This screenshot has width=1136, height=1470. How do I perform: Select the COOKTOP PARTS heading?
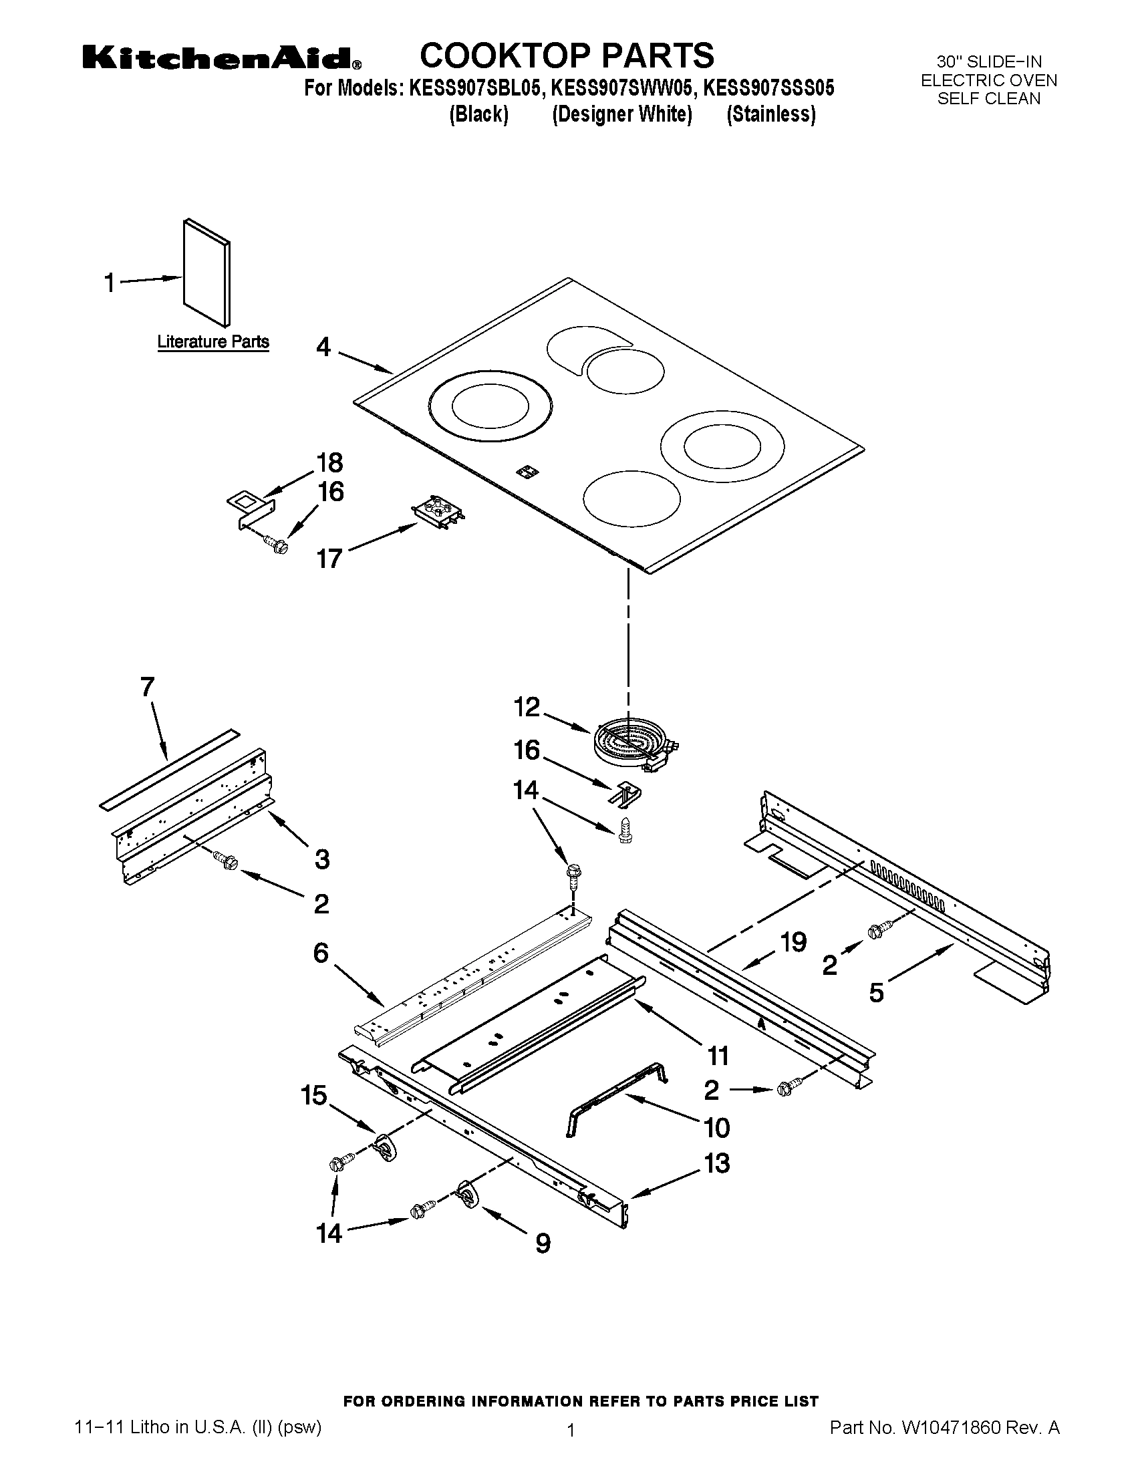[x=567, y=55]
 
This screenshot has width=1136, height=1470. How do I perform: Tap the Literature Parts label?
[x=212, y=342]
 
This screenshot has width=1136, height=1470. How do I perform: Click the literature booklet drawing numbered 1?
[x=206, y=272]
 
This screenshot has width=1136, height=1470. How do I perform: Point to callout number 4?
[x=323, y=347]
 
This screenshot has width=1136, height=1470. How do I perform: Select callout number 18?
[x=329, y=463]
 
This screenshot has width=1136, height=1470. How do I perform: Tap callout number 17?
[x=329, y=559]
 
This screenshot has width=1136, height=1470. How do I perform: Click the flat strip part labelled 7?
[x=170, y=766]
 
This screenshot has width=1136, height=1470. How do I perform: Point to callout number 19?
[x=793, y=942]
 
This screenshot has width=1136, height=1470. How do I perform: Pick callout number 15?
[x=313, y=1095]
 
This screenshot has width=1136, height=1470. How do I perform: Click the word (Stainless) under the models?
[x=771, y=114]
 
